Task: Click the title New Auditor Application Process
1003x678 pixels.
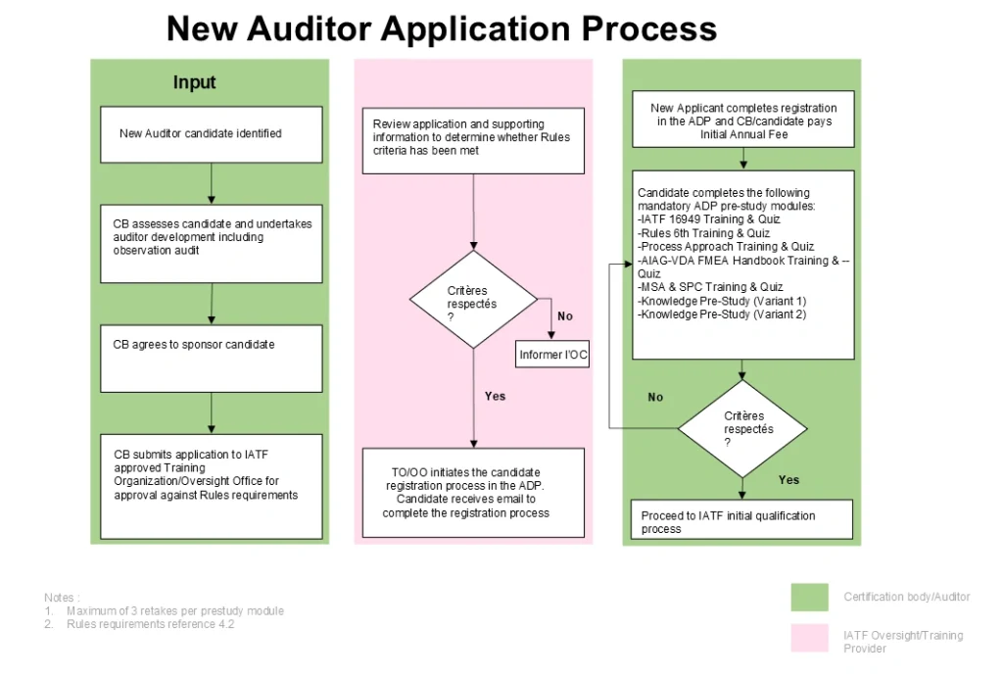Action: pos(441,28)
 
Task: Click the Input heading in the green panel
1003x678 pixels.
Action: pos(194,83)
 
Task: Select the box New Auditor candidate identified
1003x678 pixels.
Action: pos(212,134)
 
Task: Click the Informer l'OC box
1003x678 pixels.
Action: pos(553,355)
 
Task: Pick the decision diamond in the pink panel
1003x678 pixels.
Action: pos(472,299)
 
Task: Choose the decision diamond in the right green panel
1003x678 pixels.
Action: pos(742,428)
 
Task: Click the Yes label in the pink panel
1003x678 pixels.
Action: pos(495,396)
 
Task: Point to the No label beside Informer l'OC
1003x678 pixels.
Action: pos(565,316)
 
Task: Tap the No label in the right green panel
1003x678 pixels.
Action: pos(655,397)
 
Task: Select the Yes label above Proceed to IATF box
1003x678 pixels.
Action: pos(788,480)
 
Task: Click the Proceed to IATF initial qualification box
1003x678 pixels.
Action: pos(741,519)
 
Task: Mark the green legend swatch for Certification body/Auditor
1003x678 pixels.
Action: pos(809,597)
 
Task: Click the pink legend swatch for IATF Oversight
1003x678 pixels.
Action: pos(809,639)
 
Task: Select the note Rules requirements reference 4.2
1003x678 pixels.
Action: pos(150,624)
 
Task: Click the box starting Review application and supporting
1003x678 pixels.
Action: pos(472,145)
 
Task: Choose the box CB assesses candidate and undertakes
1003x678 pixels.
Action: pos(212,243)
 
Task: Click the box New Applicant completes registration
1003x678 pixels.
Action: pos(743,121)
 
